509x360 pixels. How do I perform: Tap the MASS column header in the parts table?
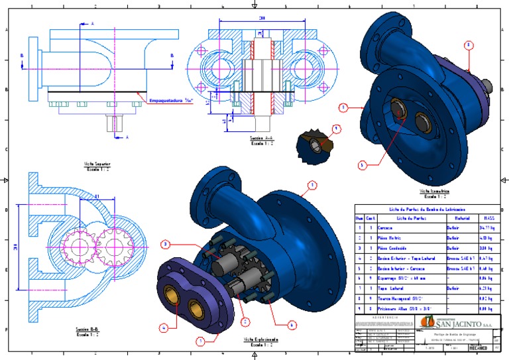pos(488,217)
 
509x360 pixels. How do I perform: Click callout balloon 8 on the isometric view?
pos(469,46)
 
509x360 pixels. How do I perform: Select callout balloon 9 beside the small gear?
pos(336,128)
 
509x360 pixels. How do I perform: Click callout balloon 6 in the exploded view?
pos(292,325)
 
